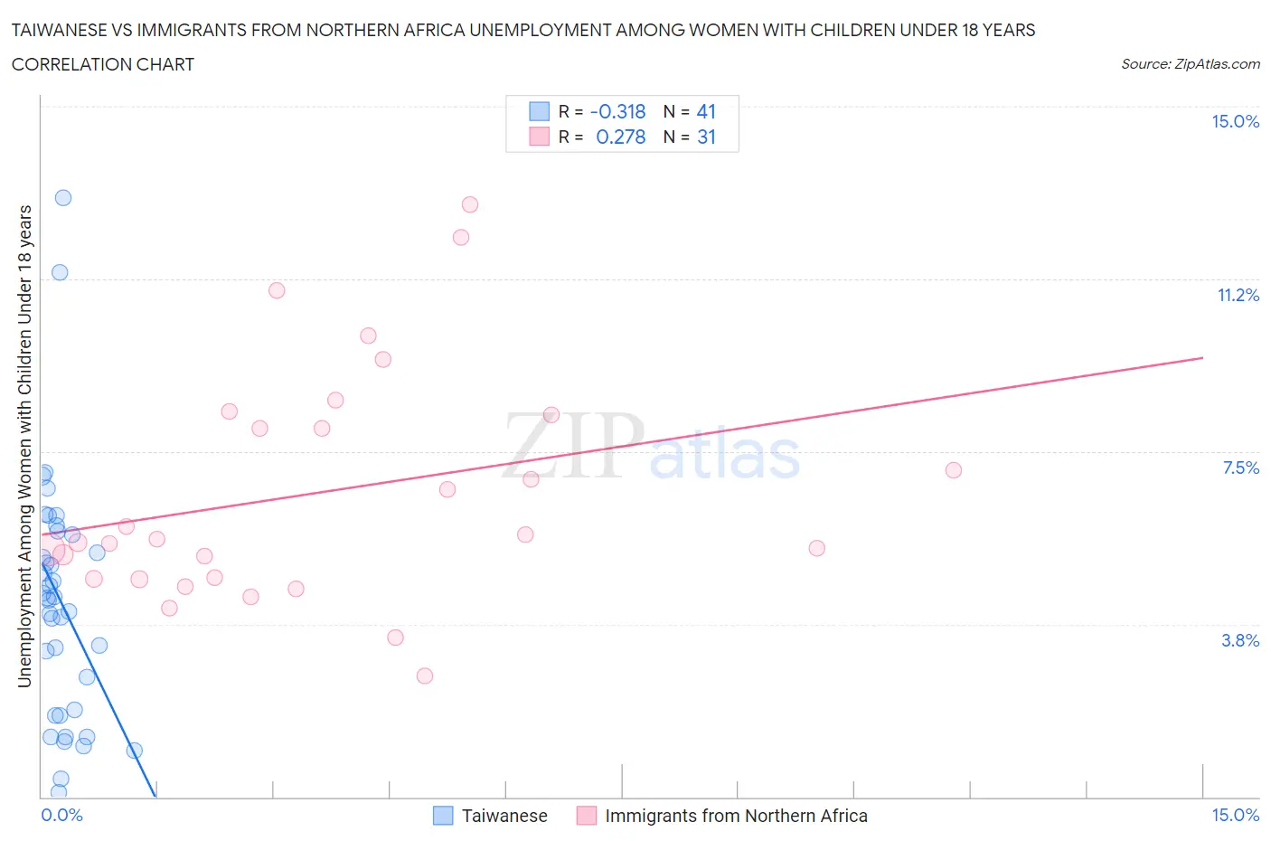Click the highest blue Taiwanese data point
coord(63,198)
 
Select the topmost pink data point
coord(470,204)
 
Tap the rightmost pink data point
coord(953,470)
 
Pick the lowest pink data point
coord(425,676)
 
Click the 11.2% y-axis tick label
coord(1238,296)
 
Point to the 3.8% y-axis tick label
coord(1239,640)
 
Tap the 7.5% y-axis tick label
coord(1240,468)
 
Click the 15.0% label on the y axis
coord(1235,122)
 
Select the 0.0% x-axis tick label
coord(61,816)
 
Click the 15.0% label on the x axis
coord(1235,816)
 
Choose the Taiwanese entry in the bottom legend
coord(504,816)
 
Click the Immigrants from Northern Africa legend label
coord(735,816)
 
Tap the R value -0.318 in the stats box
coord(617,111)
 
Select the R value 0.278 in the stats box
coord(620,137)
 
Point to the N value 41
coord(706,111)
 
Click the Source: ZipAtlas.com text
coord(1190,64)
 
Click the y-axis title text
coord(25,446)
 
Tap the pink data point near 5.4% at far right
coord(817,548)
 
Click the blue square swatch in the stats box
coord(540,111)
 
